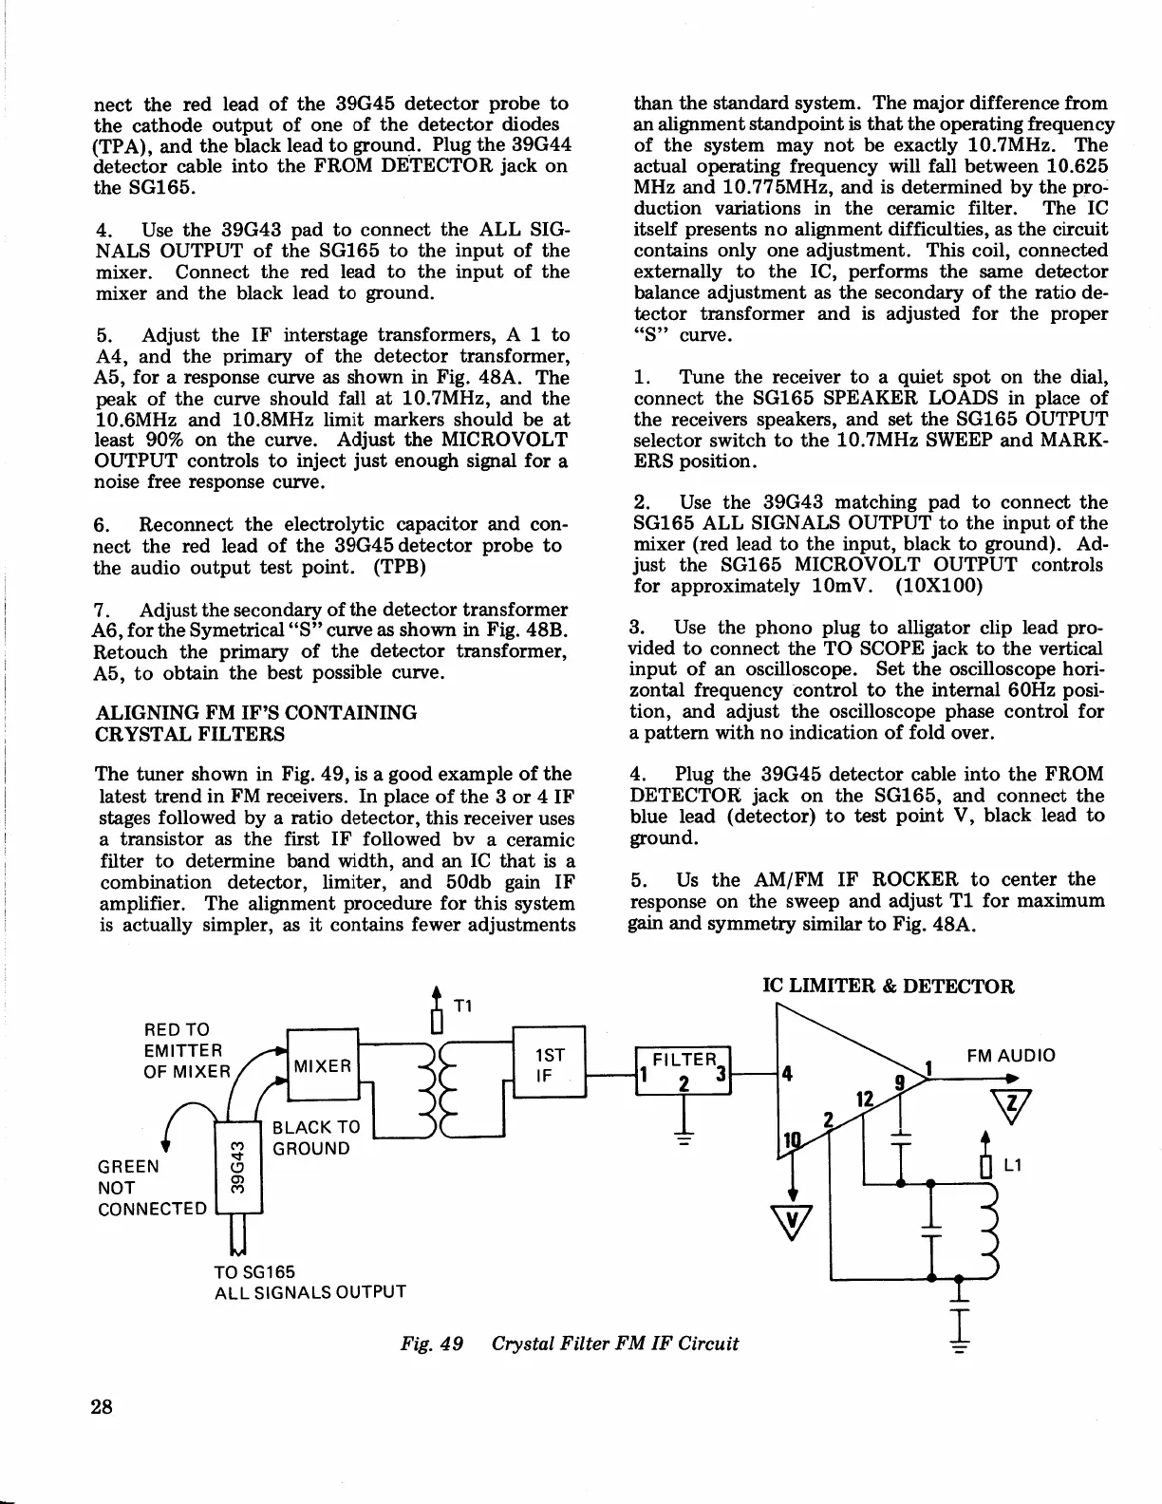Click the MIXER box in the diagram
(x=323, y=1065)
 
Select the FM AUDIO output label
(x=1010, y=1055)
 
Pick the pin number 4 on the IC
(x=786, y=1076)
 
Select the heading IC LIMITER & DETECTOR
(x=889, y=986)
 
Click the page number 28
(x=102, y=1406)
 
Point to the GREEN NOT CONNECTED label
(x=152, y=1187)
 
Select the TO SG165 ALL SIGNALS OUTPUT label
(x=309, y=1281)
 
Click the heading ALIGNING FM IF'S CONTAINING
(x=256, y=712)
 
